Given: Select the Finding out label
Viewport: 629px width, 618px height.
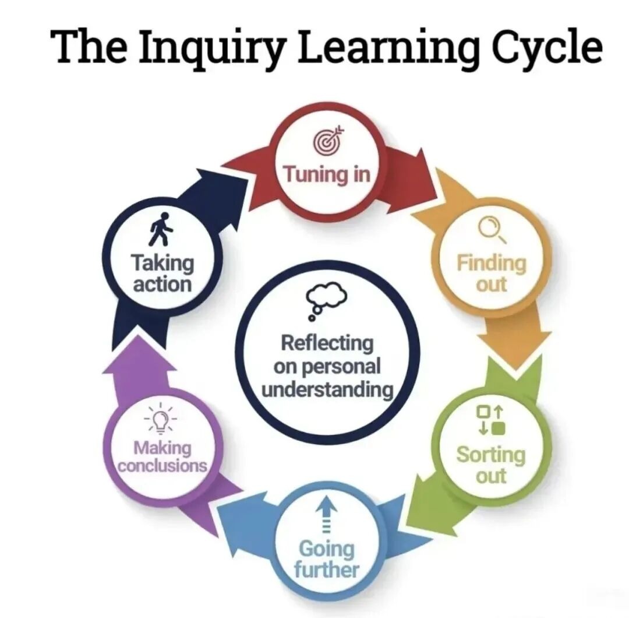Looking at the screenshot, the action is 492,273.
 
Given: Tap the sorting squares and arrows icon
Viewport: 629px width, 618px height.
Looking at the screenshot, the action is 490,420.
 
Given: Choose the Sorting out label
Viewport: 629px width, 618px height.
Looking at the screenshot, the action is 491,465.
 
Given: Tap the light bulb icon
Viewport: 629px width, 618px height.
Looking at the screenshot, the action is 161,420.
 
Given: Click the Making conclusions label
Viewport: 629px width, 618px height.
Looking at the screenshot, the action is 162,457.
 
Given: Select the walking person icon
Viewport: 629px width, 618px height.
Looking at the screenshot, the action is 161,229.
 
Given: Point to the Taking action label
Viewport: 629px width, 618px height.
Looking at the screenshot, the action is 162,273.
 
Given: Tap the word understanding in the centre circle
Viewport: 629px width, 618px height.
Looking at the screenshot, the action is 327,390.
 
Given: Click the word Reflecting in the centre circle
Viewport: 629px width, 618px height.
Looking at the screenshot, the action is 327,343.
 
